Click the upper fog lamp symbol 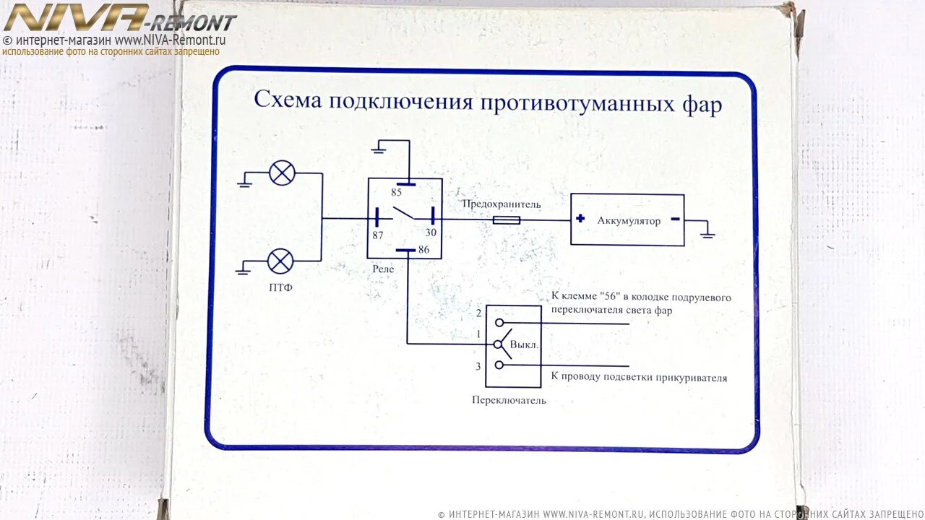coord(282,173)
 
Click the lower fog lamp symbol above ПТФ coord(280,261)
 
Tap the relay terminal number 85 coord(396,193)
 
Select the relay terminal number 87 coord(377,234)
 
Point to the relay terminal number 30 coord(431,233)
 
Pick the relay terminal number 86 coord(423,250)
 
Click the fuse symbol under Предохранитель coord(506,220)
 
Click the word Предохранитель coord(502,204)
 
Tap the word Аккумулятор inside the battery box coord(629,220)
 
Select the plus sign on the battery coord(580,218)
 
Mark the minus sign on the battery coord(675,219)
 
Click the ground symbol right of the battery coord(708,234)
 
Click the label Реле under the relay coord(383,269)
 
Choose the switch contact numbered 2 coord(499,323)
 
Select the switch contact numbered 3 coord(499,365)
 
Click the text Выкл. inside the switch coord(524,344)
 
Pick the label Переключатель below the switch coord(509,400)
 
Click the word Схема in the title coord(287,99)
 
